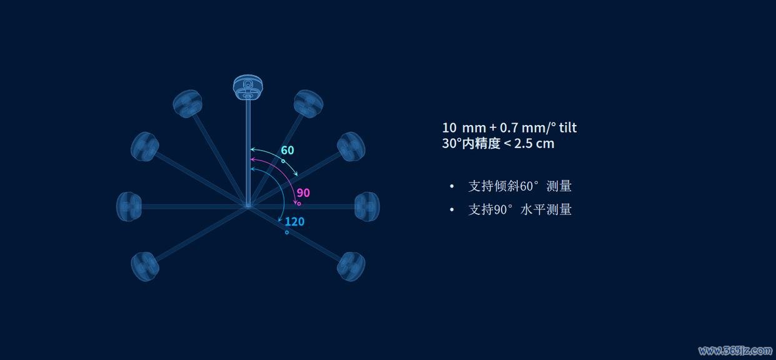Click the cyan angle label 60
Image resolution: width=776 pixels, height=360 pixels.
coord(287,150)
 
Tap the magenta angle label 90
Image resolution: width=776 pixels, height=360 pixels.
coord(303,192)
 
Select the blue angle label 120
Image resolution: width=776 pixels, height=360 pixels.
coord(294,221)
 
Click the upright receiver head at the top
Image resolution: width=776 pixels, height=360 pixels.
coord(247,87)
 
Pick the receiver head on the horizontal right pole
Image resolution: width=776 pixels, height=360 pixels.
coord(367,206)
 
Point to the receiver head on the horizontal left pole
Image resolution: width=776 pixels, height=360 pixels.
coord(129,206)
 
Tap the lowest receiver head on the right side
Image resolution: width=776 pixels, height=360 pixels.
coord(351,266)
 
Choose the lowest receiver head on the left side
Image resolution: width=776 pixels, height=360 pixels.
coord(145,266)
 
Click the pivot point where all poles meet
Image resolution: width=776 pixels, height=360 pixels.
coord(247,206)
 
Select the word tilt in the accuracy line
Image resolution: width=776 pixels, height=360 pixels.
coord(568,128)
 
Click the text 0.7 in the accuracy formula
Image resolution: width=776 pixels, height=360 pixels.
coord(509,128)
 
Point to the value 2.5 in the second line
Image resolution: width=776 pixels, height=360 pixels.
coord(523,144)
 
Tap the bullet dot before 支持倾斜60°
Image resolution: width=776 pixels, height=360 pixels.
coord(452,186)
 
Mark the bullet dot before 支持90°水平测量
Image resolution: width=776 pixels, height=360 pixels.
coord(452,209)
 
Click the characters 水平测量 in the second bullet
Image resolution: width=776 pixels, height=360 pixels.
coord(546,209)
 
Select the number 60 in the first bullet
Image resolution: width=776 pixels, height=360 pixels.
coord(527,186)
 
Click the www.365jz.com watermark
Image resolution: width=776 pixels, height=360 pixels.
coord(735,351)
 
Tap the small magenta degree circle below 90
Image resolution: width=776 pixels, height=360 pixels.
coord(299,204)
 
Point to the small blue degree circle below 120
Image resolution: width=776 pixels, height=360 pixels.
coord(287,232)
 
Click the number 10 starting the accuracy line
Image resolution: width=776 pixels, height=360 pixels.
coord(449,128)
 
